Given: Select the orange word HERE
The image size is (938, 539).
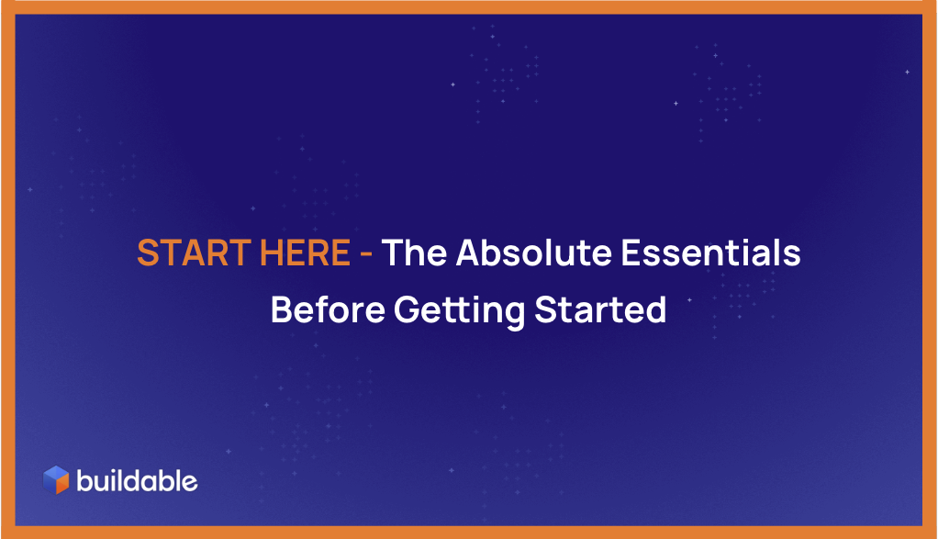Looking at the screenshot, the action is pos(305,253).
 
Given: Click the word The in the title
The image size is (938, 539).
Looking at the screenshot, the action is pos(414,253).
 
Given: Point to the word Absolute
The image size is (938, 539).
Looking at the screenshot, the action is pos(533,253).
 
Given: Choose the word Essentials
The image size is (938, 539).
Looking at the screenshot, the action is pos(710,253).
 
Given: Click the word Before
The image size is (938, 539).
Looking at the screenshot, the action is pos(328,309).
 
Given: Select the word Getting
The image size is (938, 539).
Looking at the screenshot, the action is pos(460,311).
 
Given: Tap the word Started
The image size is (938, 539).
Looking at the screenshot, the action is pos(600,309).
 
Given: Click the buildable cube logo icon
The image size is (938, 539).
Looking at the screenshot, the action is pos(56,480).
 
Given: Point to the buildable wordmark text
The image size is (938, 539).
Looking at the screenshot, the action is pos(137,481).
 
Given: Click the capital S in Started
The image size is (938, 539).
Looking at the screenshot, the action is pos(545,309).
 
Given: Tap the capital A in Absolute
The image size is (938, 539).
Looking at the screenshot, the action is pos(469,253).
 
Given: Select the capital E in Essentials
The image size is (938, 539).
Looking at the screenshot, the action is pos(631,253).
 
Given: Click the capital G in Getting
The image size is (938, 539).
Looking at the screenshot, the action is pos(408,309).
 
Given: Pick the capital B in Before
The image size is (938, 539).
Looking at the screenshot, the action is pos(283,309).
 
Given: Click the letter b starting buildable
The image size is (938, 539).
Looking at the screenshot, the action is pos(85,481).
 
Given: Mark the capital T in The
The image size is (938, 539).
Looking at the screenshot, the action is pos(394,253).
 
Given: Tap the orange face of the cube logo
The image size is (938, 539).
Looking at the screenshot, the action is pos(62,484).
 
